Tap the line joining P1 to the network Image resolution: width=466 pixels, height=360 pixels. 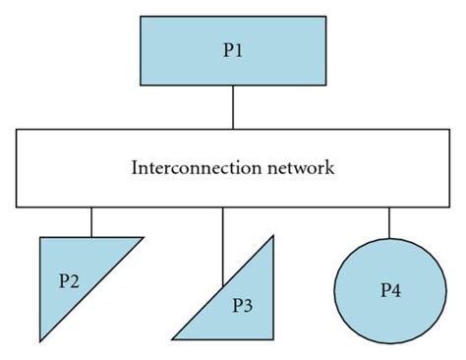(233, 107)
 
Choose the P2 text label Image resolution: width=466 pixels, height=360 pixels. (69, 280)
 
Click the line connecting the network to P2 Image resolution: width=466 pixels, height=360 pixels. (91, 221)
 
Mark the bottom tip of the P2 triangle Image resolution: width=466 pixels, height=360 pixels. (41, 340)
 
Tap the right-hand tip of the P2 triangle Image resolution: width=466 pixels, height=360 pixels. (143, 238)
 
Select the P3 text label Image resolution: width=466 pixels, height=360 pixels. (242, 305)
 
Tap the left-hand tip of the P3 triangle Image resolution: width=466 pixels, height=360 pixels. (175, 339)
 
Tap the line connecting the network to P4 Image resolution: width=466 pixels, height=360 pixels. (388, 222)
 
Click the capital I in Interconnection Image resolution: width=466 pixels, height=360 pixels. (135, 167)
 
